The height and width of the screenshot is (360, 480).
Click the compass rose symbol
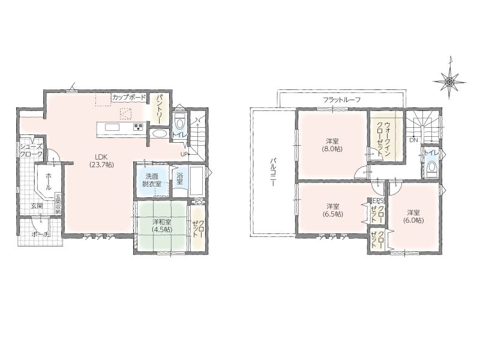(x=449, y=81)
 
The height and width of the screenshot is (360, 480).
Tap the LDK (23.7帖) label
(x=101, y=160)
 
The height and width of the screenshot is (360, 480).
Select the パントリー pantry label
(x=160, y=109)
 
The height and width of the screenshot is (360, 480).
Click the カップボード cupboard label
(x=129, y=98)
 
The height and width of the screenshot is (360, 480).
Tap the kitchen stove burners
(x=139, y=127)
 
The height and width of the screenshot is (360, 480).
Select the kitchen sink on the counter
(x=114, y=127)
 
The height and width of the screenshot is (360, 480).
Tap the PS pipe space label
(x=199, y=202)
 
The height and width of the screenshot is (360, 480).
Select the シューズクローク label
(x=31, y=151)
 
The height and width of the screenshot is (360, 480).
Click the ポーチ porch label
(x=40, y=235)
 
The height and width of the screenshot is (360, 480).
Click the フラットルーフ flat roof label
(x=341, y=100)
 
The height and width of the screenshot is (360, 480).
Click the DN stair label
(x=413, y=140)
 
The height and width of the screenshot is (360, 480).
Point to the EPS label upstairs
(x=377, y=201)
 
